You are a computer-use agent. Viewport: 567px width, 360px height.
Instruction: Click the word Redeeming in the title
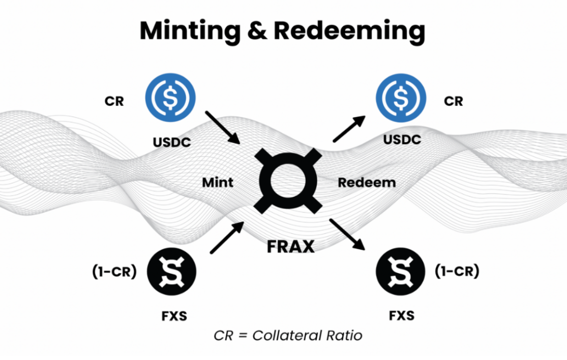(349, 31)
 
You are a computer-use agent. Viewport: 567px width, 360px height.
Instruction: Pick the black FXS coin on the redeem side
(400, 273)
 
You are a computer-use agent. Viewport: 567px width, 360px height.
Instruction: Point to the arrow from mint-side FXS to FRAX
(226, 238)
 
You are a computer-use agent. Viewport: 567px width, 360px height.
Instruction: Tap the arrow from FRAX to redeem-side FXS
(349, 234)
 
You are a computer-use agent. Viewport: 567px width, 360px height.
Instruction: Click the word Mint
(217, 182)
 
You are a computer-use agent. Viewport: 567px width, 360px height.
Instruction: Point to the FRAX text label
(290, 246)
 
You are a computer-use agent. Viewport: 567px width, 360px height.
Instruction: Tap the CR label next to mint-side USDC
(114, 101)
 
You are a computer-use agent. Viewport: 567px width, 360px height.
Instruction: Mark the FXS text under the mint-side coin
(171, 316)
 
